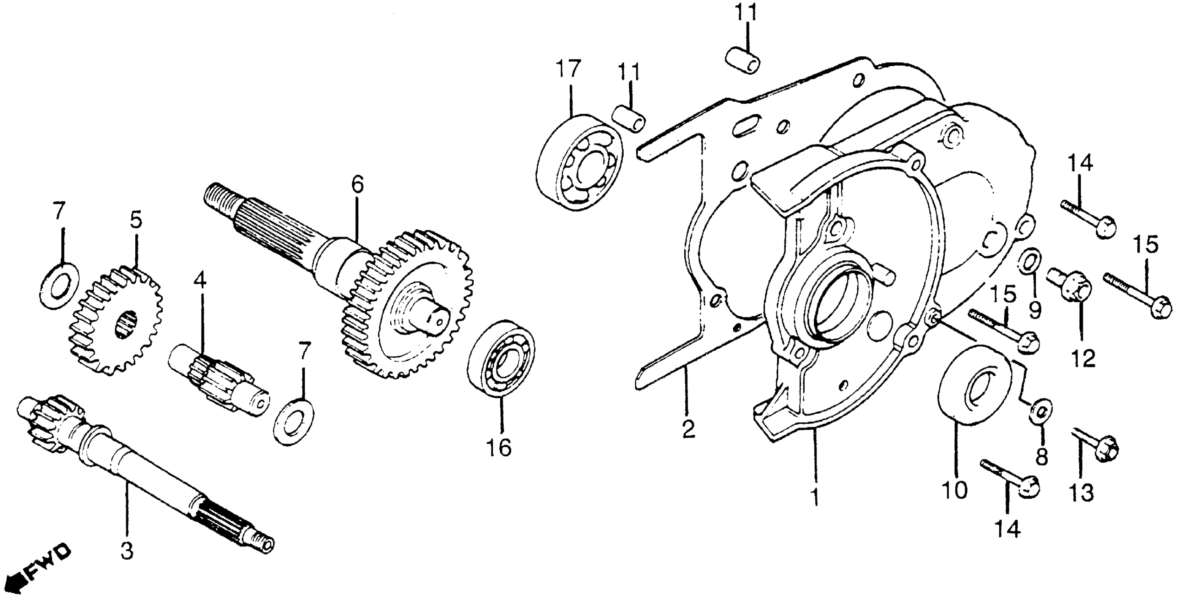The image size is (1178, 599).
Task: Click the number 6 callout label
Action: click(358, 185)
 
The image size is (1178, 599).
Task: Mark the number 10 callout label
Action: click(955, 490)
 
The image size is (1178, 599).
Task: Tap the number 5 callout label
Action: click(136, 220)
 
